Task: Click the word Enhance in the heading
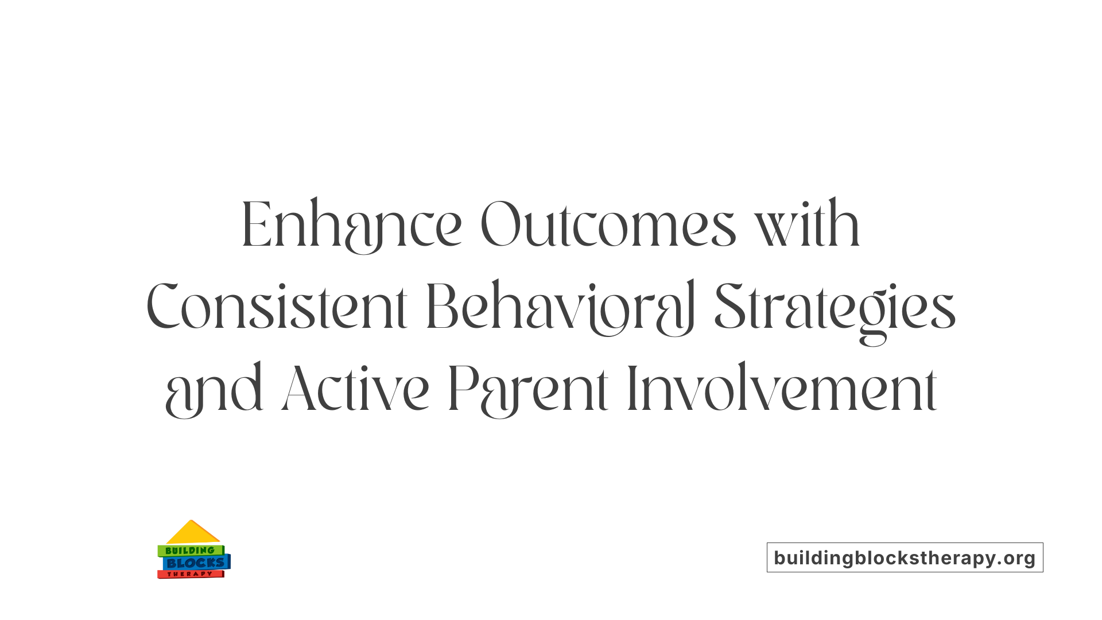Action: click(x=351, y=225)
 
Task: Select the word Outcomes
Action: click(x=608, y=225)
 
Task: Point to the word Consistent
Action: click(x=277, y=308)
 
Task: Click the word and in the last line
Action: click(x=214, y=390)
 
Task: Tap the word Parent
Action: click(x=527, y=390)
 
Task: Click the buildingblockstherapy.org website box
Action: click(x=905, y=557)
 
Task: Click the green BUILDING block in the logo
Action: click(x=190, y=551)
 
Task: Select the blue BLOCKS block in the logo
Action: click(x=196, y=563)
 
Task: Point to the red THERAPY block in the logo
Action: click(x=190, y=574)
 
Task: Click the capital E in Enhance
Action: click(x=255, y=225)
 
